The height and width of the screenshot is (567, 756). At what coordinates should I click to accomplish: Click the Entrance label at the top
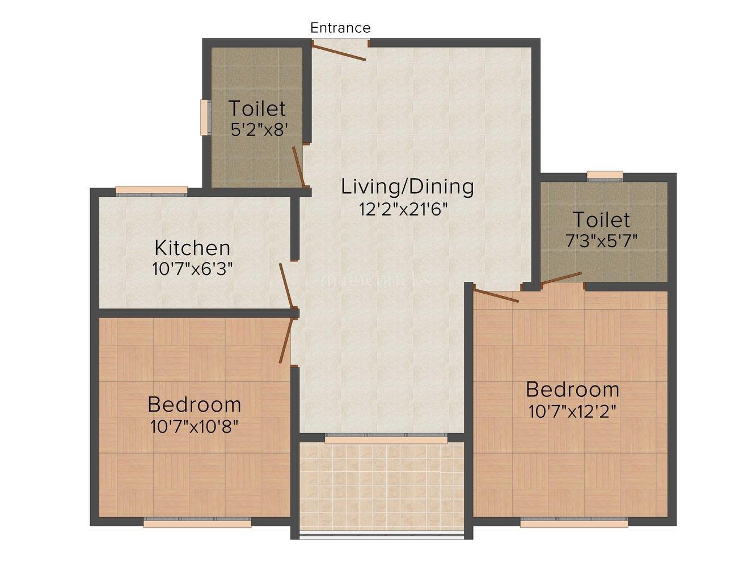pyautogui.click(x=340, y=28)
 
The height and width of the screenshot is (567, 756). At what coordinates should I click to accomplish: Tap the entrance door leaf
pyautogui.click(x=339, y=51)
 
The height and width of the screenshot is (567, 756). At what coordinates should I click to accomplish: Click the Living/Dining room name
pyautogui.click(x=407, y=186)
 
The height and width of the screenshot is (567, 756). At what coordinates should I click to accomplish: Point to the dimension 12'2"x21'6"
pyautogui.click(x=404, y=209)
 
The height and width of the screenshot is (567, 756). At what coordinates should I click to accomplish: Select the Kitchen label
pyautogui.click(x=193, y=248)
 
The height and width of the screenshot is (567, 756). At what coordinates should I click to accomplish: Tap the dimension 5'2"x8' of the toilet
pyautogui.click(x=257, y=129)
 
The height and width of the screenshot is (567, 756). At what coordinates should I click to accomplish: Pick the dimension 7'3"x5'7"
pyautogui.click(x=601, y=240)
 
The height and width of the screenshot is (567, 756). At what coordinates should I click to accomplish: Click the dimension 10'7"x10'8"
pyautogui.click(x=194, y=426)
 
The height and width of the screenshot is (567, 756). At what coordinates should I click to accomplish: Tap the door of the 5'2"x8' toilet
pyautogui.click(x=299, y=166)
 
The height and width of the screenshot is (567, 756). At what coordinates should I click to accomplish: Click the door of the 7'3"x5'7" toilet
pyautogui.click(x=561, y=278)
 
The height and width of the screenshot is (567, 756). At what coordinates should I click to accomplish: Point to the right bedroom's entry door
pyautogui.click(x=496, y=296)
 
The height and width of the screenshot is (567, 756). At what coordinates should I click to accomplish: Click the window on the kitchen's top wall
pyautogui.click(x=151, y=190)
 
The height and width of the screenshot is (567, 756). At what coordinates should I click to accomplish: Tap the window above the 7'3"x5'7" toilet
pyautogui.click(x=605, y=175)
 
